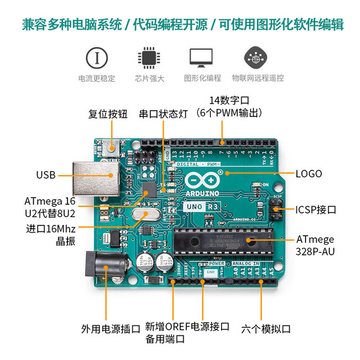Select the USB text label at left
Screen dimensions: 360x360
pos(46,175)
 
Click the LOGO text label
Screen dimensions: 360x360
pos(309,174)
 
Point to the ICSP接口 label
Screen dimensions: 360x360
pos(316,210)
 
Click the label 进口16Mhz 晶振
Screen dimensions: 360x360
pos(50,236)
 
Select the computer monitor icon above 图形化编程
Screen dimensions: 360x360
pos(201,58)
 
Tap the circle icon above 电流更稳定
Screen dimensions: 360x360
pos(97,58)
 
